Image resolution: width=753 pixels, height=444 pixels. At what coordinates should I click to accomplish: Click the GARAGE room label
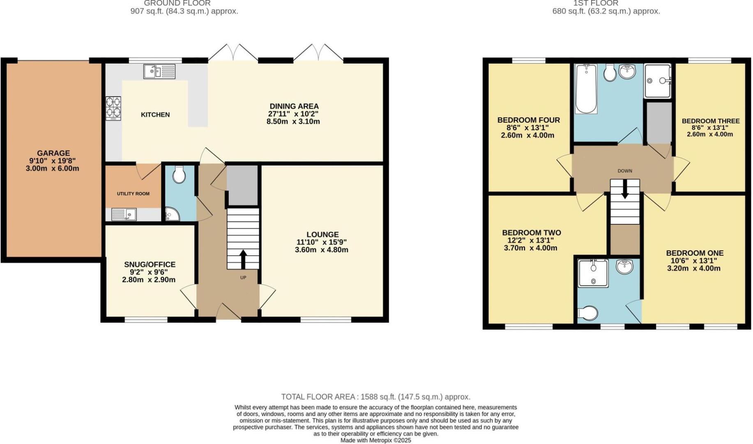click(53, 153)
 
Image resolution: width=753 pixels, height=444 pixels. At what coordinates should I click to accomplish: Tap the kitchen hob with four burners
click(113, 108)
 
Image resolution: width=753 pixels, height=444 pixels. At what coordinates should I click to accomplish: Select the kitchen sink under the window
click(159, 72)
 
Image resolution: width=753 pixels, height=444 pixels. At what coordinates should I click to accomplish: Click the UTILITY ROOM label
click(133, 194)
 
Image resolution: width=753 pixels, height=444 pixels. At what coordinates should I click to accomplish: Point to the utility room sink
click(124, 214)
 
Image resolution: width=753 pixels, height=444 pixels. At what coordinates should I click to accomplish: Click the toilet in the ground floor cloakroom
click(179, 174)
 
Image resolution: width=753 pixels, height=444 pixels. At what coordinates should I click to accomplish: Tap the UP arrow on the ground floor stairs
click(243, 259)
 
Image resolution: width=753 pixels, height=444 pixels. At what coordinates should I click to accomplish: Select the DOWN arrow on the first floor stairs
click(625, 190)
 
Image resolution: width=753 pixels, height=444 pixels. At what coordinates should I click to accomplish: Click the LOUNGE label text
click(322, 234)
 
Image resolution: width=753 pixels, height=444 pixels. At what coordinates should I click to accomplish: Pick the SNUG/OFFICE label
click(150, 264)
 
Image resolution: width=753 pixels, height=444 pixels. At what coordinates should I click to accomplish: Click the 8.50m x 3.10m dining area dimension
click(293, 122)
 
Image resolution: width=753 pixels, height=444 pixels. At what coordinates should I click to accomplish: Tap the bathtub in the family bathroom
click(586, 88)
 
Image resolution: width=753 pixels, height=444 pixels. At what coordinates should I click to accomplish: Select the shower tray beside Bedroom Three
click(657, 81)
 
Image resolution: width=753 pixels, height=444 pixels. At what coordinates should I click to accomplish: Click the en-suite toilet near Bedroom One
click(588, 313)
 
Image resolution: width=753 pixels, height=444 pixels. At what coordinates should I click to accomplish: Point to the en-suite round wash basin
click(624, 267)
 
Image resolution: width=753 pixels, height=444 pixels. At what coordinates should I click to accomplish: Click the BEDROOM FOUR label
click(528, 120)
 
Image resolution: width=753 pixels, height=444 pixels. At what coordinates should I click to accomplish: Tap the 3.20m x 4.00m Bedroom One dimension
click(693, 268)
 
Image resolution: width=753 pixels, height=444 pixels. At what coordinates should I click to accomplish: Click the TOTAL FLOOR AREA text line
click(375, 397)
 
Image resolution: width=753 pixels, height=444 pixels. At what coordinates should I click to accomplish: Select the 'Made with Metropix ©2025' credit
click(375, 440)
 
